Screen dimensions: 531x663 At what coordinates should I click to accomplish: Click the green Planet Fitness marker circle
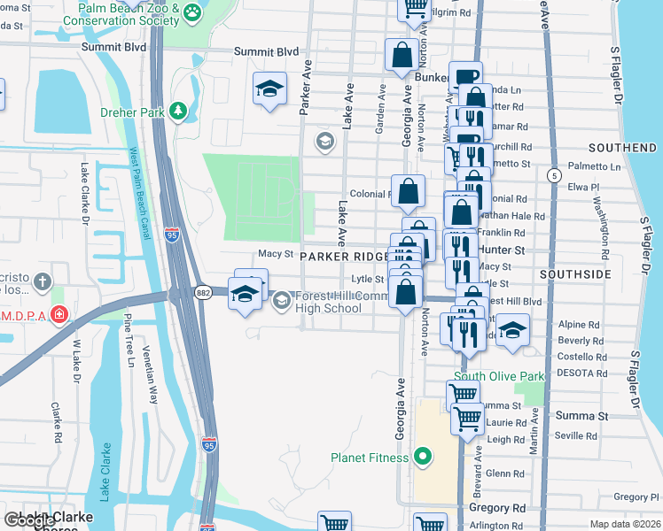click(x=423, y=458)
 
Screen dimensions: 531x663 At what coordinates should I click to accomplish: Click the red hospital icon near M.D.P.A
click(x=58, y=315)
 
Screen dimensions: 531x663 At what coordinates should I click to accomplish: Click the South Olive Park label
click(x=500, y=377)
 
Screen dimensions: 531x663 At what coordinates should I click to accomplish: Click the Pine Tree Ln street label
click(x=129, y=343)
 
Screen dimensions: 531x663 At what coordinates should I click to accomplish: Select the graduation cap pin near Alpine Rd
click(x=511, y=330)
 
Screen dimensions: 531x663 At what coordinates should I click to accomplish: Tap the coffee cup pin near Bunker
click(x=464, y=79)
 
